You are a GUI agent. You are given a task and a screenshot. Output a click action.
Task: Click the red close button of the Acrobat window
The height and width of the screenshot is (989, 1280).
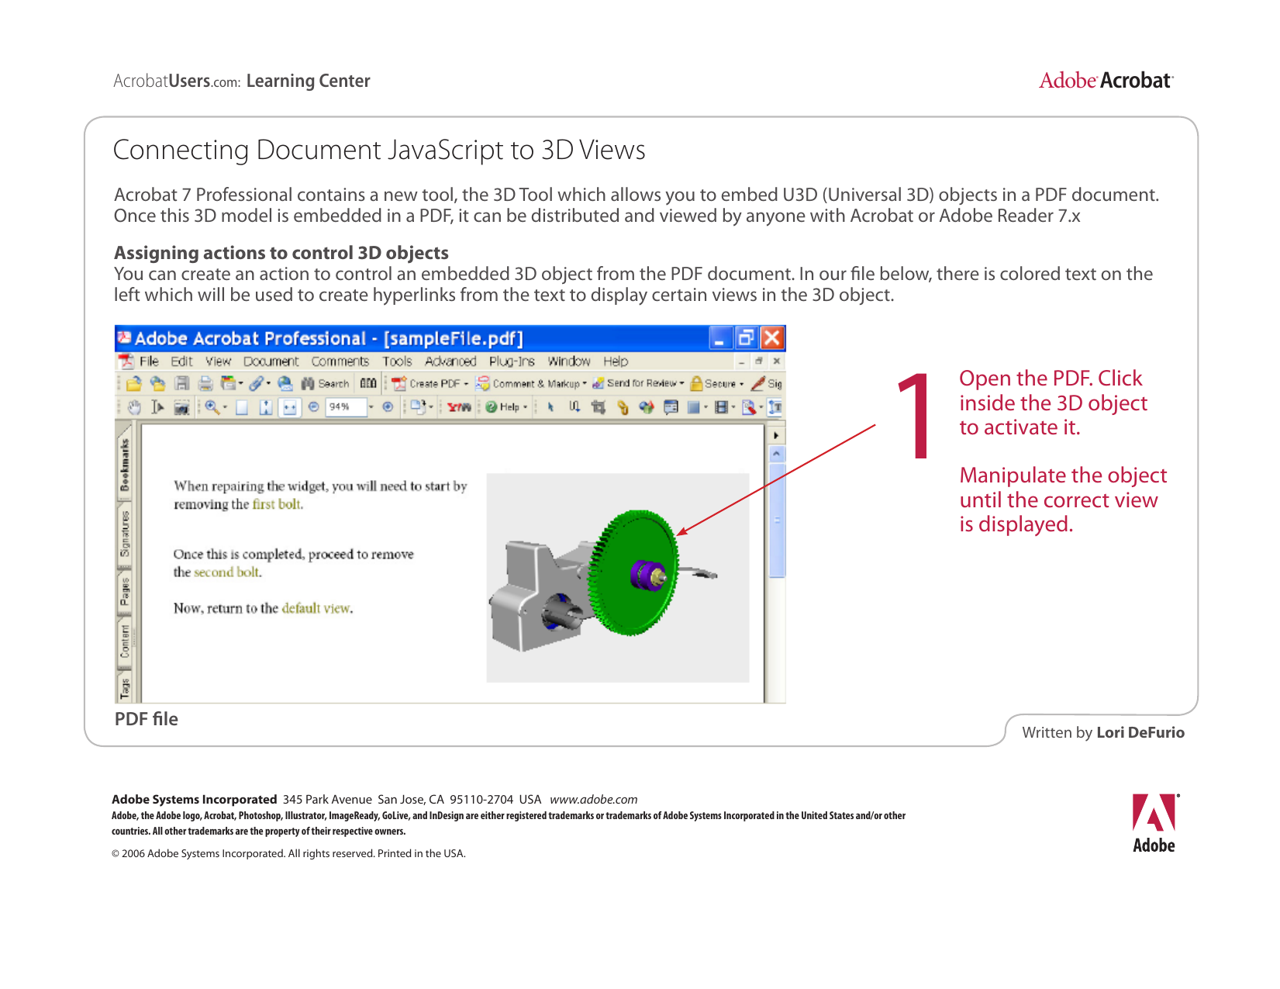tap(772, 338)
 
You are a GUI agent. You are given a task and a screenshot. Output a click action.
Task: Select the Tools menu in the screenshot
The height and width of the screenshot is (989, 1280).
tap(397, 361)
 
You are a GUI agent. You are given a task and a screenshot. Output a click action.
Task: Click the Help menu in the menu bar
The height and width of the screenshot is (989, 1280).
tap(616, 361)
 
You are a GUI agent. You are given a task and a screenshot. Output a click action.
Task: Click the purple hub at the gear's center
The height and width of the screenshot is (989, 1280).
tap(645, 575)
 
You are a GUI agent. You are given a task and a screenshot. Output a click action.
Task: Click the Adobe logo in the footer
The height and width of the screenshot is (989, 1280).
tap(1154, 823)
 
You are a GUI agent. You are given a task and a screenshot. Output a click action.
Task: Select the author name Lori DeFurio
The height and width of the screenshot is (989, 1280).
tap(1140, 732)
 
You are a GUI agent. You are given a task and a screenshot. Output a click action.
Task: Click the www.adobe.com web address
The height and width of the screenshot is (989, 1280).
tap(593, 800)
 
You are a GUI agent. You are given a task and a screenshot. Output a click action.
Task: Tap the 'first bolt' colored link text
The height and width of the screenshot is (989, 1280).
tap(277, 504)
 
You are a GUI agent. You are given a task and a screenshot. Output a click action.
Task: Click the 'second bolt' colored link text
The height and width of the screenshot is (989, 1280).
tap(227, 572)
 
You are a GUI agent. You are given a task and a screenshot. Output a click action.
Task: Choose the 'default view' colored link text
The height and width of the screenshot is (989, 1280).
tap(316, 608)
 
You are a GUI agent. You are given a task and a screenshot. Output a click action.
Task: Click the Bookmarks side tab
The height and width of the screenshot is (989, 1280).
tap(124, 465)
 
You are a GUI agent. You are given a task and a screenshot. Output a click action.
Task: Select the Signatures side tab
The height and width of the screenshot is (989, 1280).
tap(124, 534)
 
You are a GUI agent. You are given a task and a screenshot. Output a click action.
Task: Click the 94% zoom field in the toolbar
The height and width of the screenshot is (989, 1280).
tap(344, 406)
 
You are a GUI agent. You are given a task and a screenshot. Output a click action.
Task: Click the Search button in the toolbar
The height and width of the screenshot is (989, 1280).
tap(326, 384)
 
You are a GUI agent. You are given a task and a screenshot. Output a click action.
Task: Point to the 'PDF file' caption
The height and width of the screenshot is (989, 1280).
tap(147, 719)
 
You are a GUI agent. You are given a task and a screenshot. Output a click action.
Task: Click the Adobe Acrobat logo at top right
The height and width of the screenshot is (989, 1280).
tap(1106, 81)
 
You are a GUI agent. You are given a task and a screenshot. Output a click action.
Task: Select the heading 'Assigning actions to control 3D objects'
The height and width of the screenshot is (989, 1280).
tap(281, 253)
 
